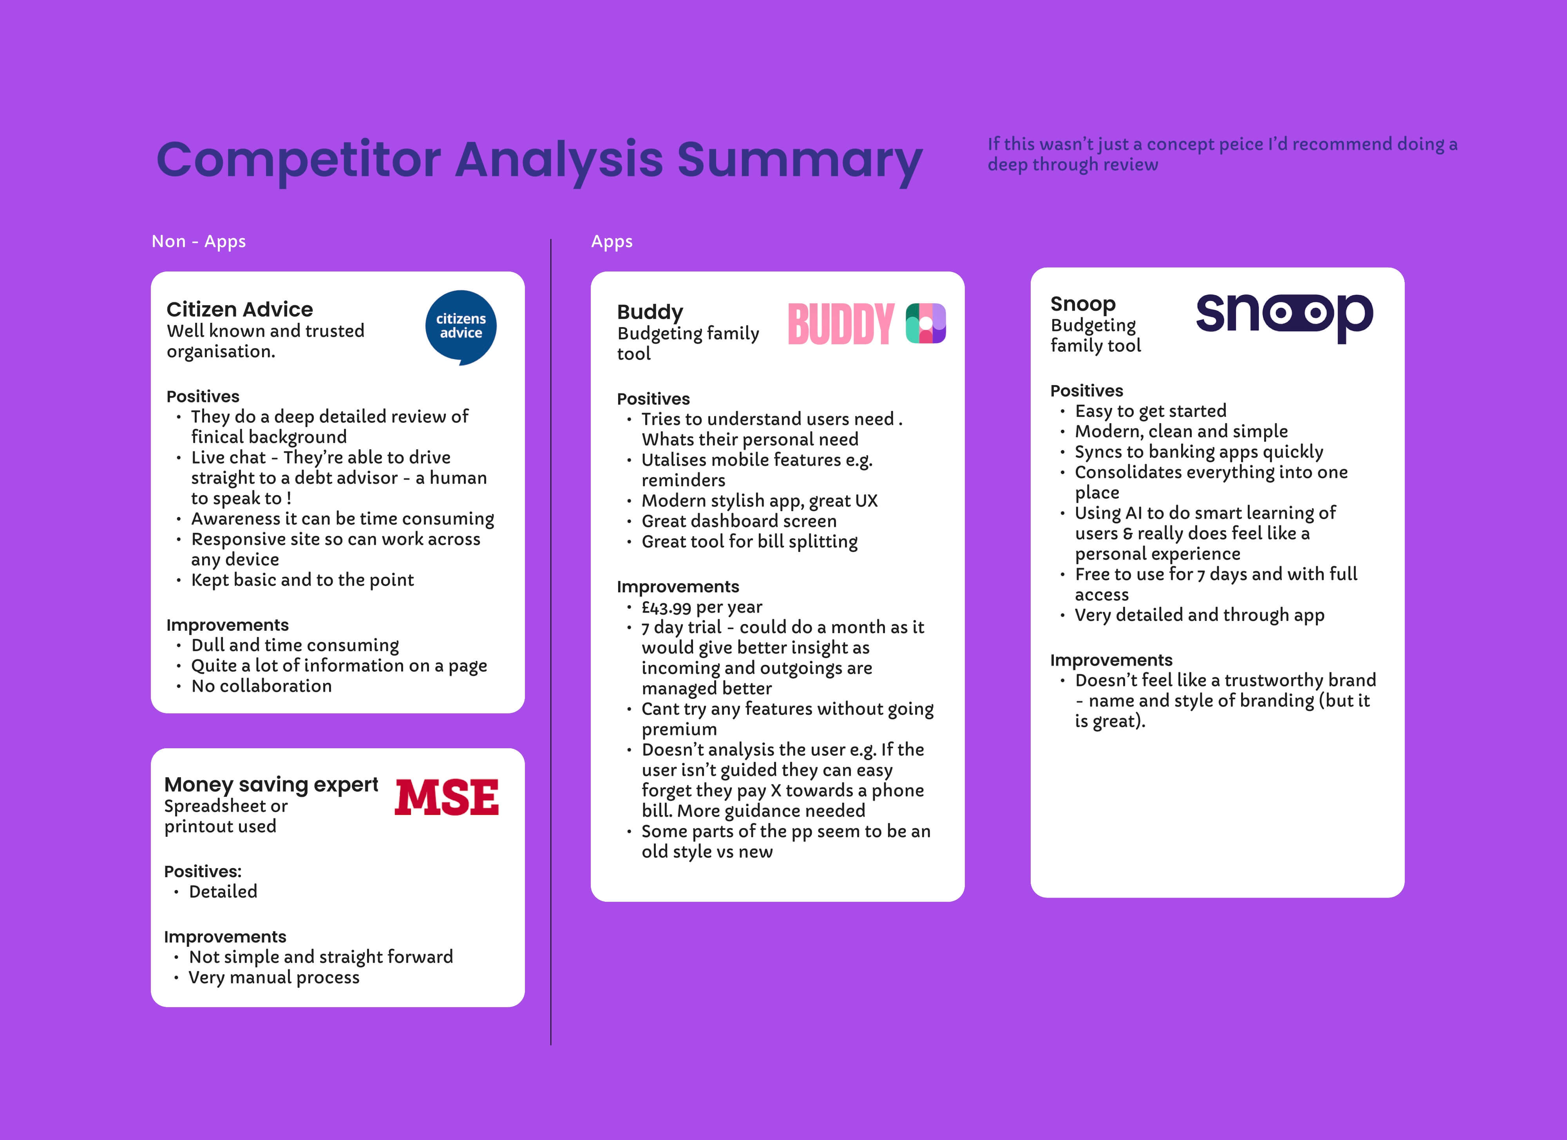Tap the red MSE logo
coord(446,797)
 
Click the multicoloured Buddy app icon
coord(926,323)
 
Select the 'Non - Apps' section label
coord(198,241)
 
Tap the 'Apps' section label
coord(612,242)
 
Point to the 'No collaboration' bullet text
coord(262,686)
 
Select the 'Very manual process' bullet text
coord(274,978)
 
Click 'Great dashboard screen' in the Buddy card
coord(739,521)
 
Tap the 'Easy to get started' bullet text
coord(1151,411)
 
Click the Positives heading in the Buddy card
coord(653,399)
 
